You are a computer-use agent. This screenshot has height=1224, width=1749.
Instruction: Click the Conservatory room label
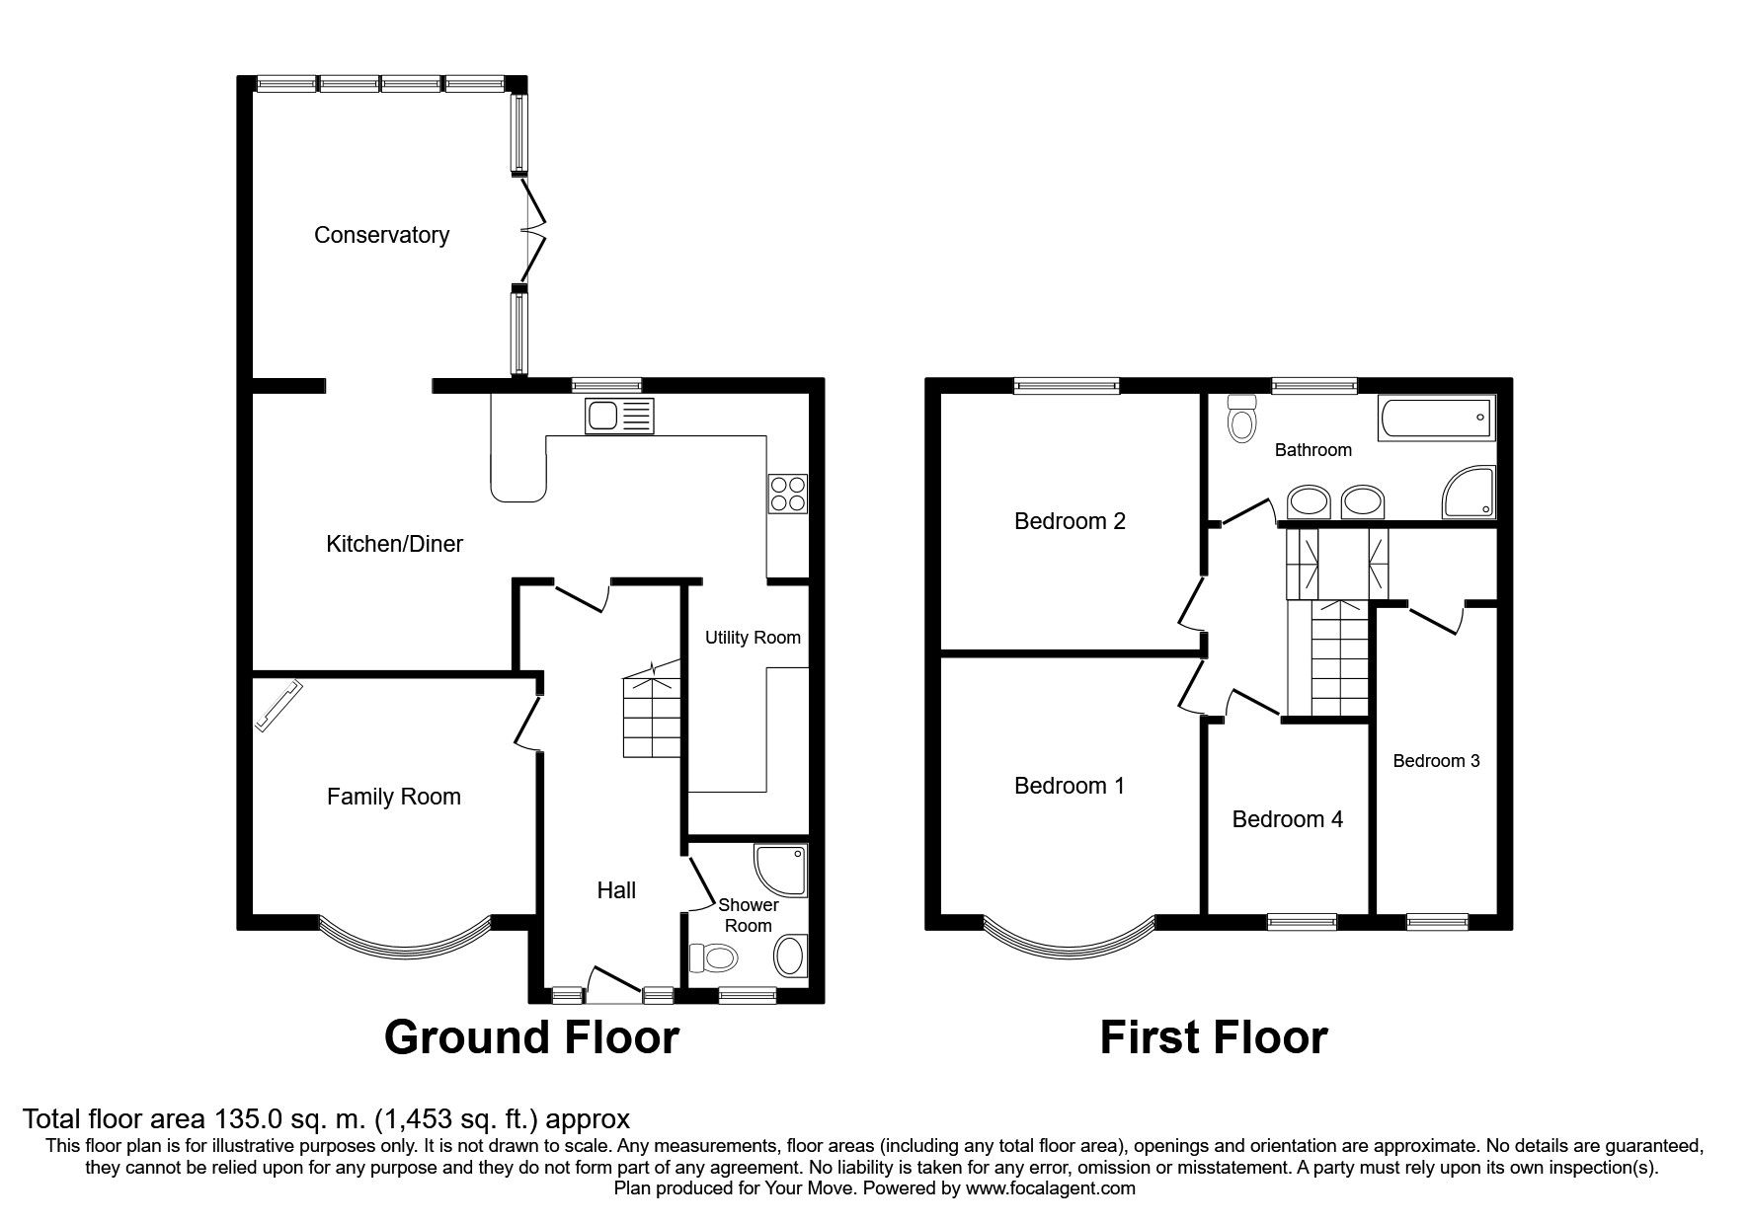(381, 235)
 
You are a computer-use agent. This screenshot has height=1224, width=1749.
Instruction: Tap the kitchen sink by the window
(619, 416)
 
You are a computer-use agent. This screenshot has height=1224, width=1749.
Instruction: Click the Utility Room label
(753, 638)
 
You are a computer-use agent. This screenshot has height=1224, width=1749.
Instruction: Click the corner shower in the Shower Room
(780, 868)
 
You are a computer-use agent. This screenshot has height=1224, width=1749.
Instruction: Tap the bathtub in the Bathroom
(1436, 418)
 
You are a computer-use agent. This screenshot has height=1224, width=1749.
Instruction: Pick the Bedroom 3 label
(1436, 761)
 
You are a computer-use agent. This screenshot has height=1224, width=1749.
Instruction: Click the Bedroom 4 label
(1287, 819)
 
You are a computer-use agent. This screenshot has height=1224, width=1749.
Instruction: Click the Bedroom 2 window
(1067, 386)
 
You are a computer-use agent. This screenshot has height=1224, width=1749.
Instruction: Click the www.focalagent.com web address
(1051, 1188)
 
